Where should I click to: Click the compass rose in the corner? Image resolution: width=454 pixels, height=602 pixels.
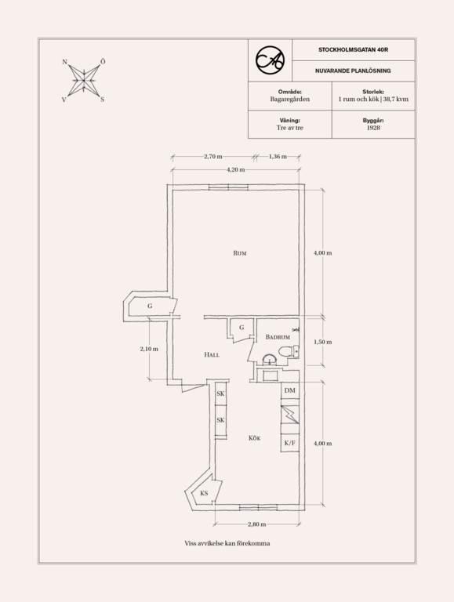tap(83, 81)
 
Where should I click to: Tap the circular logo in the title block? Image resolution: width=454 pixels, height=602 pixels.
tap(270, 60)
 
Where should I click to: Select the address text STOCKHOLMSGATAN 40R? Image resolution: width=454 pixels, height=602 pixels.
tap(353, 50)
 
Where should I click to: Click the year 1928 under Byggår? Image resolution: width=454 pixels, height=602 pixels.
tap(373, 128)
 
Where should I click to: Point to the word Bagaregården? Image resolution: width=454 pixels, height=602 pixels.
tap(289, 99)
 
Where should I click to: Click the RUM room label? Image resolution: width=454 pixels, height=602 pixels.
tap(240, 253)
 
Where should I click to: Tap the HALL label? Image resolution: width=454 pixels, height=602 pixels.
tap(212, 355)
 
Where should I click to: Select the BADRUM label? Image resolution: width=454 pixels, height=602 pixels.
tap(278, 337)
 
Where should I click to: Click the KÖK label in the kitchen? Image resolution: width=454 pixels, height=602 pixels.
tap(255, 438)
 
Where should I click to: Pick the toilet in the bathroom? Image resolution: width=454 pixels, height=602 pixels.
tap(288, 351)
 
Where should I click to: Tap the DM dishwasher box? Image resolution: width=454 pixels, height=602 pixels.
tap(290, 390)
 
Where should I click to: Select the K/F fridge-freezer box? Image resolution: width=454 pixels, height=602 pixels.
tap(290, 443)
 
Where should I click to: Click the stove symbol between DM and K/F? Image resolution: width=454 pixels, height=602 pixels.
tap(290, 415)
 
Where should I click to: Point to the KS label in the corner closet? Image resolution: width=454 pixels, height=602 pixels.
tap(204, 493)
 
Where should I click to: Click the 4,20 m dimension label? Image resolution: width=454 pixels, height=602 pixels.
tap(236, 169)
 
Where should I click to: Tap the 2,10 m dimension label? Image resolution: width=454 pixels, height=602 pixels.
tap(149, 349)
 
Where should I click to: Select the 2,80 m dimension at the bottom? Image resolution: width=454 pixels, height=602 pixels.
tap(257, 524)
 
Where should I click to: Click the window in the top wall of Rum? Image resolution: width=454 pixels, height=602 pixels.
tap(228, 187)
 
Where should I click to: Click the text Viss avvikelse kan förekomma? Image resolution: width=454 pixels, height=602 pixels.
tap(227, 543)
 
